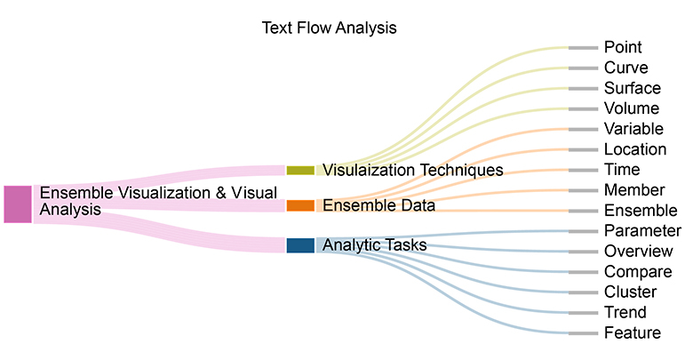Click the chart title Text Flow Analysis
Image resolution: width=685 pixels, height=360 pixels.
click(329, 28)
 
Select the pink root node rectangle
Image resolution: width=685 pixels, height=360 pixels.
click(18, 204)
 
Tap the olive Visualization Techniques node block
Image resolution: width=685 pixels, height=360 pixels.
click(300, 171)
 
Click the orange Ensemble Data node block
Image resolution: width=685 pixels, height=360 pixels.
click(300, 205)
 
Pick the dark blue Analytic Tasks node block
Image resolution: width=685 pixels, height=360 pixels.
click(300, 245)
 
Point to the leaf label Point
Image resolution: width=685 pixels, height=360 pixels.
click(623, 47)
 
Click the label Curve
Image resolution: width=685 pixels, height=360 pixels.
click(626, 68)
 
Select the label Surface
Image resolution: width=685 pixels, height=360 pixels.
click(633, 88)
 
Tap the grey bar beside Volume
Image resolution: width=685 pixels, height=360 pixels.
click(583, 109)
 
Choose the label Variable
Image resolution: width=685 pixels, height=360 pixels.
click(633, 129)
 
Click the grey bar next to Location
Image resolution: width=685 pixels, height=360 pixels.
click(583, 150)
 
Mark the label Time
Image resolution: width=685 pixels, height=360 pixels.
click(622, 170)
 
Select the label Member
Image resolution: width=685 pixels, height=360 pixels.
click(634, 190)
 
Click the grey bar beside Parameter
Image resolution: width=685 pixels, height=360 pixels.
click(583, 231)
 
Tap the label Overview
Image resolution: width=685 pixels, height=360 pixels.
click(638, 252)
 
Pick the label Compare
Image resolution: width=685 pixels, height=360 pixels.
click(638, 272)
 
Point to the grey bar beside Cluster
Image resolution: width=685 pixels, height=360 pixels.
click(583, 292)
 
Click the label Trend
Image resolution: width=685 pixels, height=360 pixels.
click(625, 312)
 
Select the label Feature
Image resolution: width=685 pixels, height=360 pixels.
click(633, 333)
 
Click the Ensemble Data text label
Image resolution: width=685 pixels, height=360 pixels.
click(378, 205)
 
